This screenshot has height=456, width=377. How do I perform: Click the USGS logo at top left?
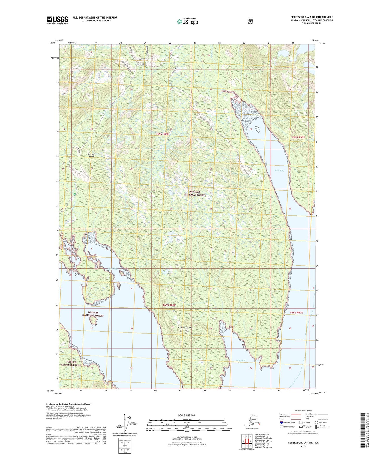coord(57,20)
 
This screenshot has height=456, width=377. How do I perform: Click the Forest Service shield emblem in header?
coord(250,21)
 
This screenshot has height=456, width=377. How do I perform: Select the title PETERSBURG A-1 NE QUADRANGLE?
coord(312,17)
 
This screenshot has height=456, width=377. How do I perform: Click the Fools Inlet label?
coord(279,171)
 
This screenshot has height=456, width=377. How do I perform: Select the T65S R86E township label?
coord(163,134)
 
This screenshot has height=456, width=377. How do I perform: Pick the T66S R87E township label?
coord(296,313)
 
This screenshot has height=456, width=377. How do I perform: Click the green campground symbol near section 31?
coord(74,194)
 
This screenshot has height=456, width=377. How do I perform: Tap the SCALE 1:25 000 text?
coord(186,416)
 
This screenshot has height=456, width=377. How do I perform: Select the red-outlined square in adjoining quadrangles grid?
coord(247,441)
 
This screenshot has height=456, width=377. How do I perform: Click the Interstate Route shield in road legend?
coord(281,422)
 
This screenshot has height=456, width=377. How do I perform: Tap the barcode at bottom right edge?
coord(363,431)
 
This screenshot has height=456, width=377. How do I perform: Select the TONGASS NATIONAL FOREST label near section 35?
coord(195,193)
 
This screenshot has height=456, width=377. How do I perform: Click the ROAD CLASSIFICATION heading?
coord(303,411)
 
